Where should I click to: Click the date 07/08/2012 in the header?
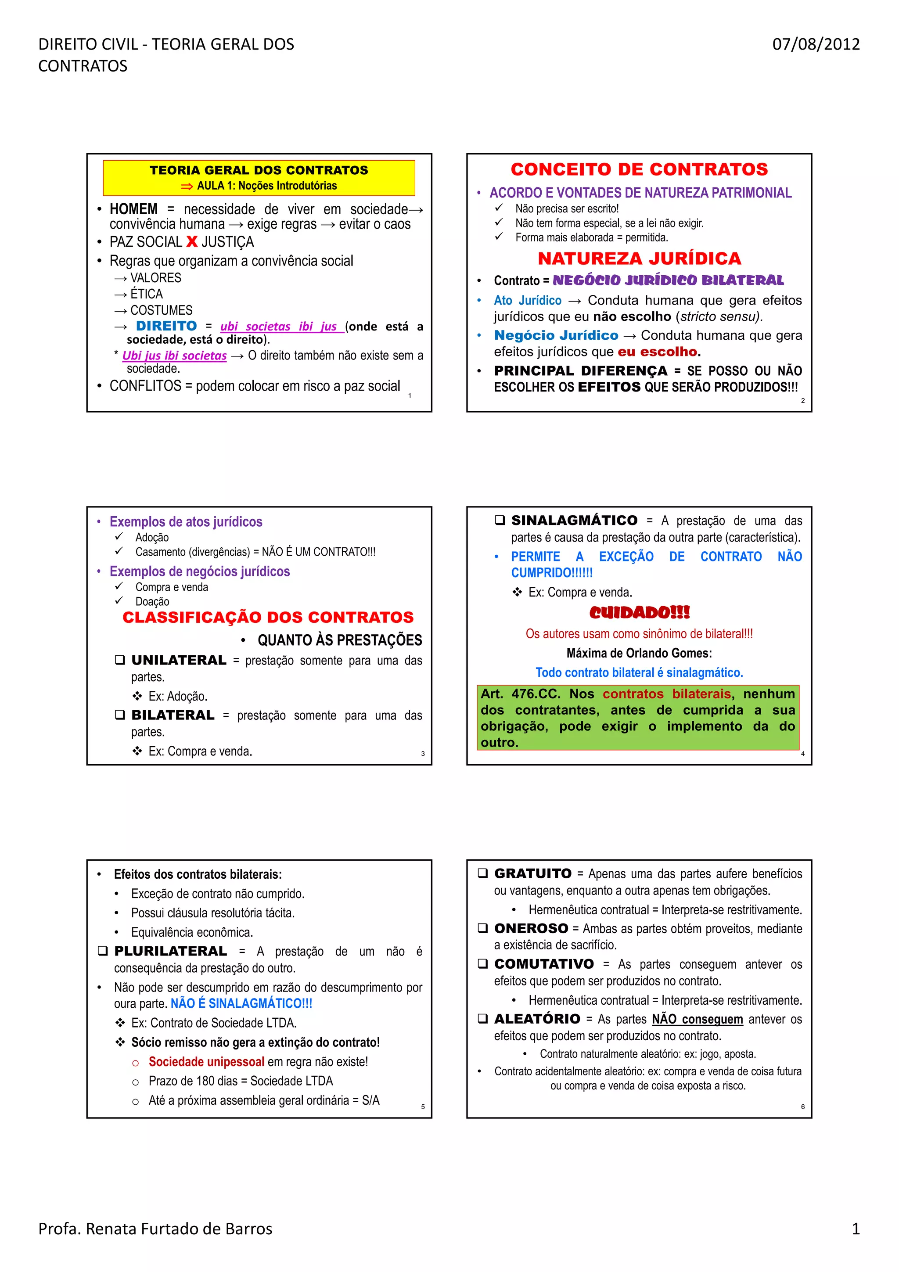pos(815,44)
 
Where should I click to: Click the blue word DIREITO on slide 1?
pos(166,326)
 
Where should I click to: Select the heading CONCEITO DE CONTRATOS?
pos(639,169)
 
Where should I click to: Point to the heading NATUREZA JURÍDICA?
pos(639,258)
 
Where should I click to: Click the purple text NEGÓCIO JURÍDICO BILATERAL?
pos(668,280)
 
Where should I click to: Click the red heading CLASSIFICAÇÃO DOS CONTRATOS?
pos(268,617)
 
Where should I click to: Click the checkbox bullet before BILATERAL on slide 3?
pos(120,715)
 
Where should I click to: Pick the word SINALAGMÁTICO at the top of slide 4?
pos(574,520)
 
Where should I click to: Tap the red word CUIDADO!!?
pos(639,612)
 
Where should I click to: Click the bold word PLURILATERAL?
pos(171,951)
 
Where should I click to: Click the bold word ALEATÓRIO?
pos(537,1019)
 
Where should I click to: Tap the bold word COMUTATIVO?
pos(543,964)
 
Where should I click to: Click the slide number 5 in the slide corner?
pos(423,1107)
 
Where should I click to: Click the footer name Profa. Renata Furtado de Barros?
pos(155,1229)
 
